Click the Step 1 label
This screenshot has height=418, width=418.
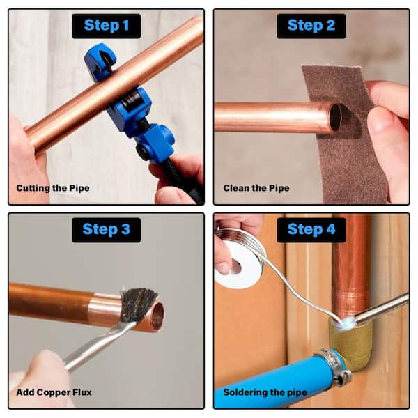tap(107, 26)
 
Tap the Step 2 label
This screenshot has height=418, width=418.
tap(311, 26)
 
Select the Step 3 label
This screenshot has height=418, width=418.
tap(107, 230)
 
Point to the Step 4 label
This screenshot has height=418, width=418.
tap(311, 230)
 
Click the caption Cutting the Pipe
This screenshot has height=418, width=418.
tap(53, 188)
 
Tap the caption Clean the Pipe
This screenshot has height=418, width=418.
tap(256, 188)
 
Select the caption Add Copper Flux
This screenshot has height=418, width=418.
tap(54, 392)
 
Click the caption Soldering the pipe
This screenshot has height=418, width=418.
tap(265, 392)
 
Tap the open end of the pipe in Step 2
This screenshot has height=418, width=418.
tap(336, 117)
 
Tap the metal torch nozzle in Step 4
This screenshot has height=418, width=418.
tap(381, 307)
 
